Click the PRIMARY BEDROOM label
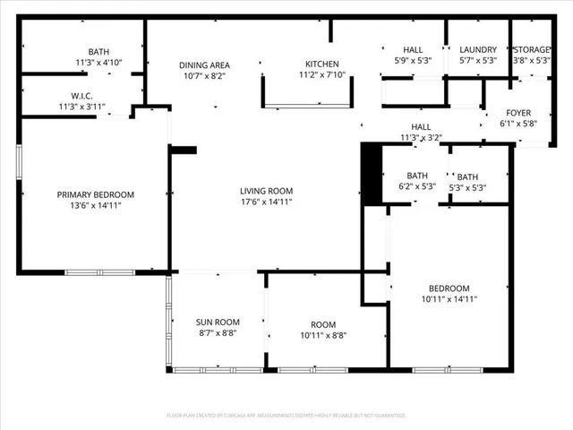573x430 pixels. coord(96,194)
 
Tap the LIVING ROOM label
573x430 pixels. coord(266,191)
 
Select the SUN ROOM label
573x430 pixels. coord(218,322)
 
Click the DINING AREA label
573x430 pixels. coord(205,64)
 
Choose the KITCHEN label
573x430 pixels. coord(322,64)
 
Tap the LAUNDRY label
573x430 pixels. coord(477,49)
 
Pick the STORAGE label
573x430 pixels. coord(533,49)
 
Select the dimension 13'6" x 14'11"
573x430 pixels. coord(96,205)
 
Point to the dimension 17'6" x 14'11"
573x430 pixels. coord(266,202)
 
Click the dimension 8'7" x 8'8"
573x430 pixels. coord(218,332)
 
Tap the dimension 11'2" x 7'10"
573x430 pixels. coord(322,75)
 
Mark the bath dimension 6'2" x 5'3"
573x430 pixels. coord(416,187)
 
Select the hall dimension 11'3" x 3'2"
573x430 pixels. coord(421,138)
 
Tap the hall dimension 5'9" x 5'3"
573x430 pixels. coord(413,60)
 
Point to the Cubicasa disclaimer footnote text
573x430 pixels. coord(286,416)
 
